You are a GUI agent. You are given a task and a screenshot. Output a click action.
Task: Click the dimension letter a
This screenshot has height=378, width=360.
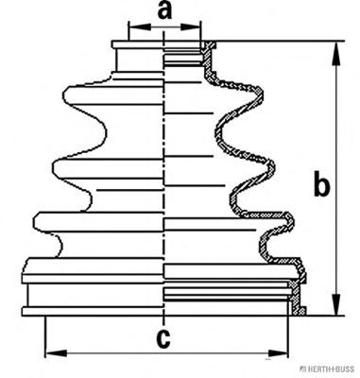click(165, 11)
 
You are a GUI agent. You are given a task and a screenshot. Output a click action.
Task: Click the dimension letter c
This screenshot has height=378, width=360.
click(163, 338)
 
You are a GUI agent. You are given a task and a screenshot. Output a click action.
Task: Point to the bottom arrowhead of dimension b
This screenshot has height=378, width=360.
click(337, 304)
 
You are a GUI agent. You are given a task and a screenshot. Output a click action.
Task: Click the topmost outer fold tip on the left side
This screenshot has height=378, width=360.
click(65, 94)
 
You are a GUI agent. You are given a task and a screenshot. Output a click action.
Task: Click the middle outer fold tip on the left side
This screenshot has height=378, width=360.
click(54, 167)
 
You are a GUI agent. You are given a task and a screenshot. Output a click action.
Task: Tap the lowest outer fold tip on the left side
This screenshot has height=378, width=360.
click(36, 222)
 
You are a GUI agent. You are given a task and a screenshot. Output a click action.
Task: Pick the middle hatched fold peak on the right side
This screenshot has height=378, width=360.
click(272, 167)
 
